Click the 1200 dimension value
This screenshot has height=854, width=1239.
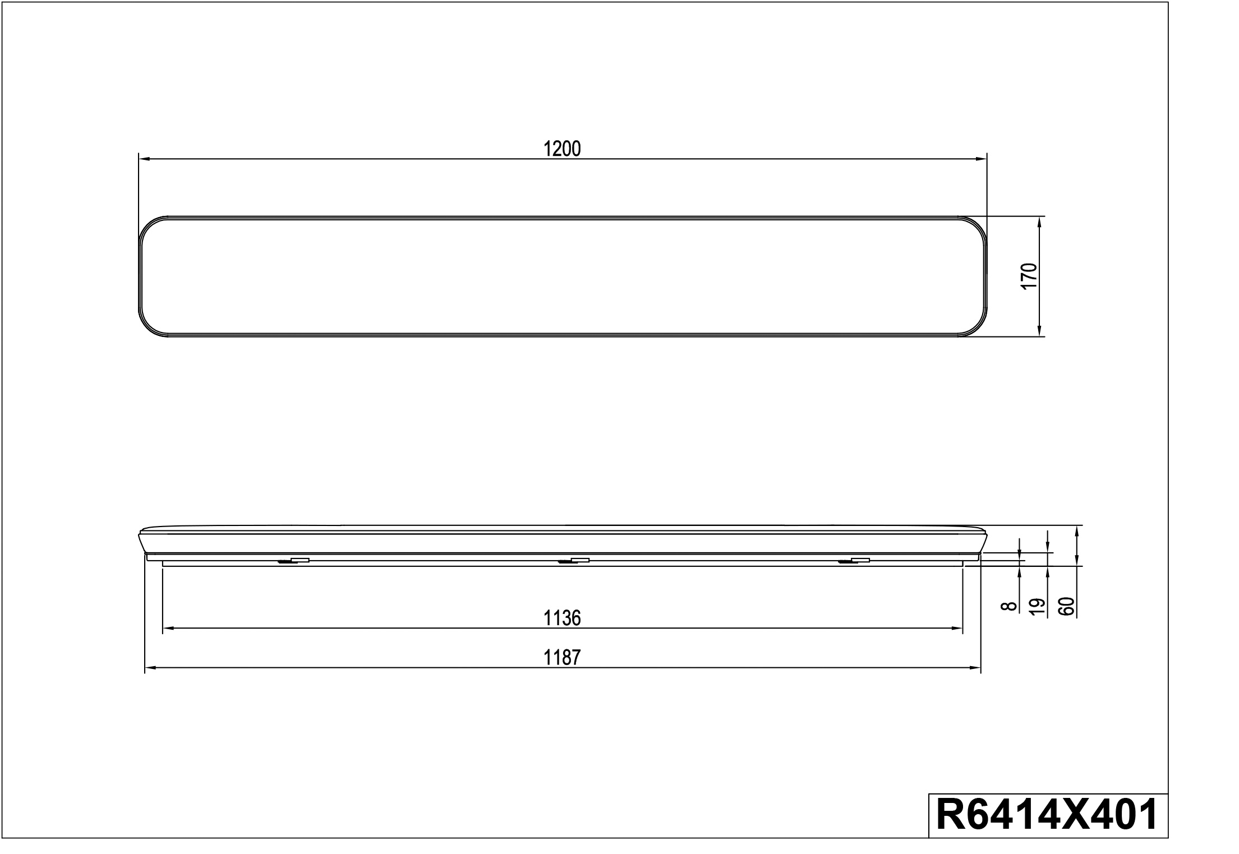562,149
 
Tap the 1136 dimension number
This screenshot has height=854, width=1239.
562,618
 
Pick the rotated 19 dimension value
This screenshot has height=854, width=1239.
1039,607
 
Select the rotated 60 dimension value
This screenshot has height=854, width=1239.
1067,607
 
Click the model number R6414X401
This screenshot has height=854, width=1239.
1047,814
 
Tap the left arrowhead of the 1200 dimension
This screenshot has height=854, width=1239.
144,159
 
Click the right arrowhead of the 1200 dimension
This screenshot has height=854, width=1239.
981,159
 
